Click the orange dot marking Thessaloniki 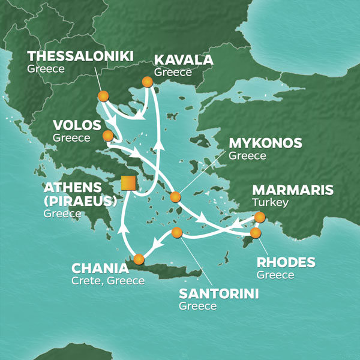[103, 96]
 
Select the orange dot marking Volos [108, 136]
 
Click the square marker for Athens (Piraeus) [127, 183]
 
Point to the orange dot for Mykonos [175, 197]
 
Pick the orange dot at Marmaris [259, 217]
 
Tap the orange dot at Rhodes [256, 232]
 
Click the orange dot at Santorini [176, 232]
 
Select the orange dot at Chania [139, 259]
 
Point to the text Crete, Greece [107, 280]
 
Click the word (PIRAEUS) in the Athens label [80, 201]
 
